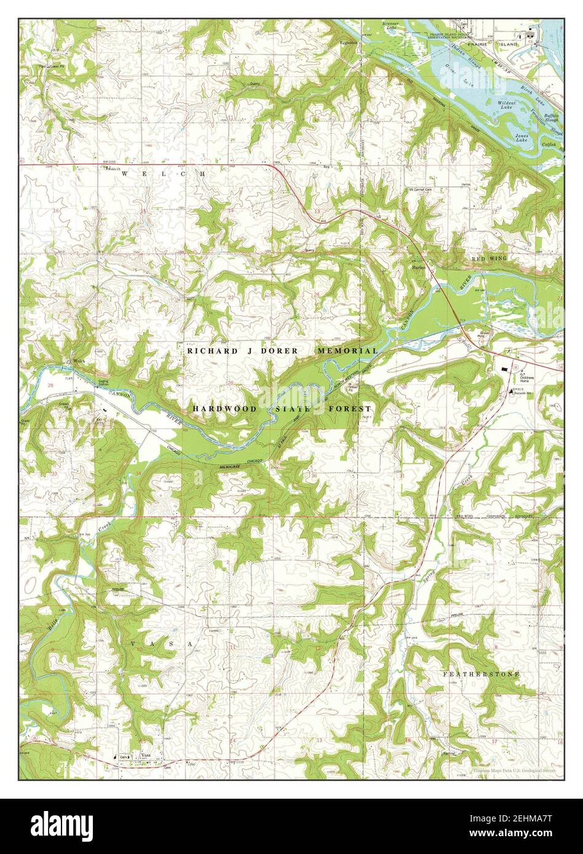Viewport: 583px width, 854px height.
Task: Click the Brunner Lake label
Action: click(x=391, y=25)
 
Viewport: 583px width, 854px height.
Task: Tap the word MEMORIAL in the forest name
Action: click(x=347, y=350)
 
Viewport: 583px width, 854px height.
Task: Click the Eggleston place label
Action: click(x=349, y=43)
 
